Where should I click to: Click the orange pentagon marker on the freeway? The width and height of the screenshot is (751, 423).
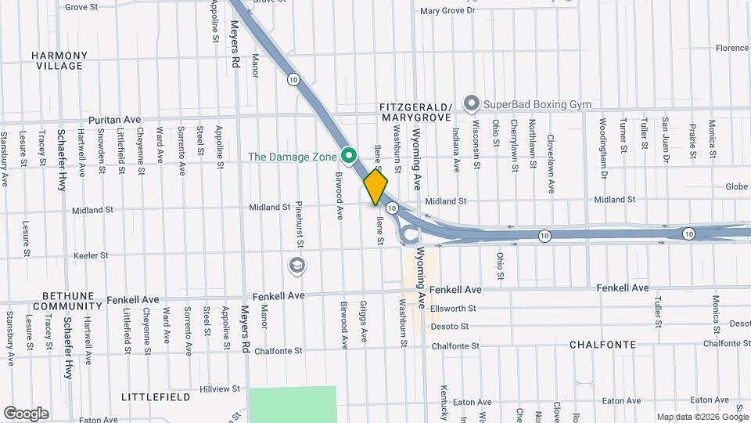click(375, 187)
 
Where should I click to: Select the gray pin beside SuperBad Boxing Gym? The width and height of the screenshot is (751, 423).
click(471, 103)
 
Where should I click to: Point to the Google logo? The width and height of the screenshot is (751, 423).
click(26, 413)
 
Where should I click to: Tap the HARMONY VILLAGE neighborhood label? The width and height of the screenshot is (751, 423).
click(59, 60)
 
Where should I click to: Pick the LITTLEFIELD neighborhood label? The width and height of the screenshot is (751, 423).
click(156, 397)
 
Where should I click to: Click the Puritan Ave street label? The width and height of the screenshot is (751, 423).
click(114, 120)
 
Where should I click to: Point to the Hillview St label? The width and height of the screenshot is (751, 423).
click(220, 389)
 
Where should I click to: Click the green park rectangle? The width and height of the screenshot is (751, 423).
click(293, 403)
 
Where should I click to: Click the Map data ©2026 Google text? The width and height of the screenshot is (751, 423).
click(702, 417)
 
